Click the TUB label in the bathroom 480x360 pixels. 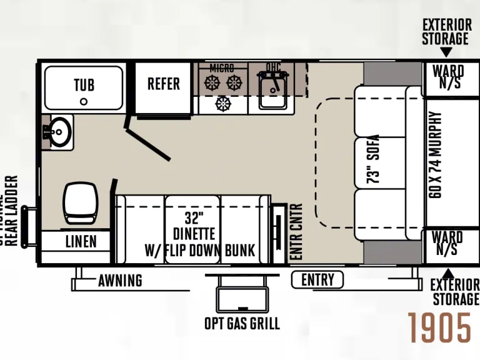(84, 84)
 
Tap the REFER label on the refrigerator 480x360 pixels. (164, 84)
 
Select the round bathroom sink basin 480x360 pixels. (59, 132)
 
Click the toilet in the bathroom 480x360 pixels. (79, 201)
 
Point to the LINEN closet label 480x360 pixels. (81, 241)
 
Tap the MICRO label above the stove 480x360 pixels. (222, 67)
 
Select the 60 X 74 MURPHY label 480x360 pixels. (436, 156)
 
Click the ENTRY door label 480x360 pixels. (317, 280)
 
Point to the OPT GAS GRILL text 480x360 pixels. (242, 324)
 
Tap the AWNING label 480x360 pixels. (120, 281)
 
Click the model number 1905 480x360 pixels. (440, 327)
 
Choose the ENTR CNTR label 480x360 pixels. (296, 232)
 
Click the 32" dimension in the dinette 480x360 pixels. (194, 219)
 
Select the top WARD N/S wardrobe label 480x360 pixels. (447, 76)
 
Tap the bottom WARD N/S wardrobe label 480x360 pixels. (447, 244)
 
